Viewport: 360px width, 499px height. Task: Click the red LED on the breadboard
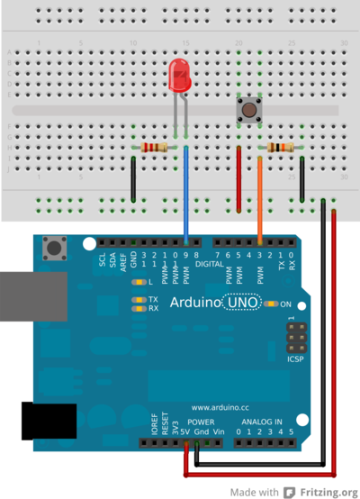pyautogui.click(x=179, y=76)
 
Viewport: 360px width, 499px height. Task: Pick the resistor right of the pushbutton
pyautogui.click(x=281, y=148)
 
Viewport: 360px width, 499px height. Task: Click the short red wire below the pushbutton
pyautogui.click(x=238, y=180)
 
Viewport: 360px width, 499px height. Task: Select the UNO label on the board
pyautogui.click(x=243, y=304)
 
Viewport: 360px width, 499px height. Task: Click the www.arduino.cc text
pyautogui.click(x=220, y=407)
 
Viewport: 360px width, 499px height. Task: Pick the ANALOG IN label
pyautogui.click(x=261, y=422)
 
